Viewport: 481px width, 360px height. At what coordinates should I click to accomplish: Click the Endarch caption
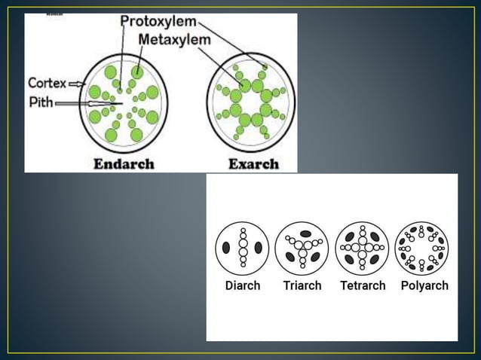(124, 163)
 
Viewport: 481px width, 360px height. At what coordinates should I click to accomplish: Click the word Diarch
(243, 286)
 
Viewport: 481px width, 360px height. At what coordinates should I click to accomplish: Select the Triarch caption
(302, 286)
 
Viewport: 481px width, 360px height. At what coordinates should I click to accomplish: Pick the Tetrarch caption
(362, 286)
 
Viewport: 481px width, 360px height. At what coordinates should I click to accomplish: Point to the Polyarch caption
(424, 286)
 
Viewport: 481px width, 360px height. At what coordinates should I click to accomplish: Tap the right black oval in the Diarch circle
(259, 247)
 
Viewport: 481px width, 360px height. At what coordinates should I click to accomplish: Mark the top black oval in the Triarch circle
(305, 233)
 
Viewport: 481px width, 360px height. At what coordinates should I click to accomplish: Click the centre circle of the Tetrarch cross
(363, 247)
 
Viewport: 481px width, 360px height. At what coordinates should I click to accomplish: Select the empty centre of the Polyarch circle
(421, 247)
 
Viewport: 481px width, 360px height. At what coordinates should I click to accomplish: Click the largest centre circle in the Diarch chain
(243, 247)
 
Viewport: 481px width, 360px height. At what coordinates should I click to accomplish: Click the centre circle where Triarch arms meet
(302, 244)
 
